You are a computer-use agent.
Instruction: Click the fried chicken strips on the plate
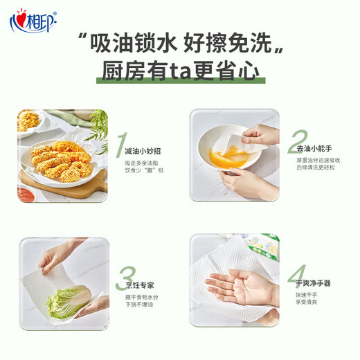coord(62,159)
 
